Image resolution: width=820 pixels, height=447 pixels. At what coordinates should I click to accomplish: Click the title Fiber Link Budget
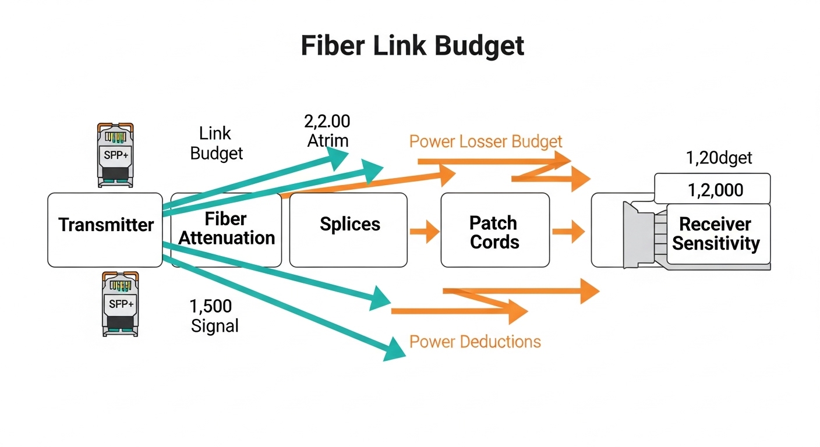[412, 45]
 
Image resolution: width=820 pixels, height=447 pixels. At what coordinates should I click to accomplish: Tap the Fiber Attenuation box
[227, 229]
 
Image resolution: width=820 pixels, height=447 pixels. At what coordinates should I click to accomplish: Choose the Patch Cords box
[494, 231]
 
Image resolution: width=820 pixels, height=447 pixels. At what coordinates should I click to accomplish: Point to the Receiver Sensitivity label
[716, 233]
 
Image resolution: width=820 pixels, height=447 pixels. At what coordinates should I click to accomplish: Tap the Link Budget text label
[217, 143]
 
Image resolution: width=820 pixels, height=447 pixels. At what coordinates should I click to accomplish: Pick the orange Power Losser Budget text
[486, 141]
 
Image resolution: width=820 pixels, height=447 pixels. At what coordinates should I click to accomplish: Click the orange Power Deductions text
[475, 341]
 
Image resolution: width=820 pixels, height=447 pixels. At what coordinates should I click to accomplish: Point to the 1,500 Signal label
[214, 316]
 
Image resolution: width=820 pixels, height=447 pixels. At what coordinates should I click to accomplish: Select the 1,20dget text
[719, 158]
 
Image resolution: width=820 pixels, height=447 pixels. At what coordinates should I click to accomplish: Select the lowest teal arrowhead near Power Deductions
[394, 349]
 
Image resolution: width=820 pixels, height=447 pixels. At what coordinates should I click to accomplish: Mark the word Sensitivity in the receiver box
[716, 243]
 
